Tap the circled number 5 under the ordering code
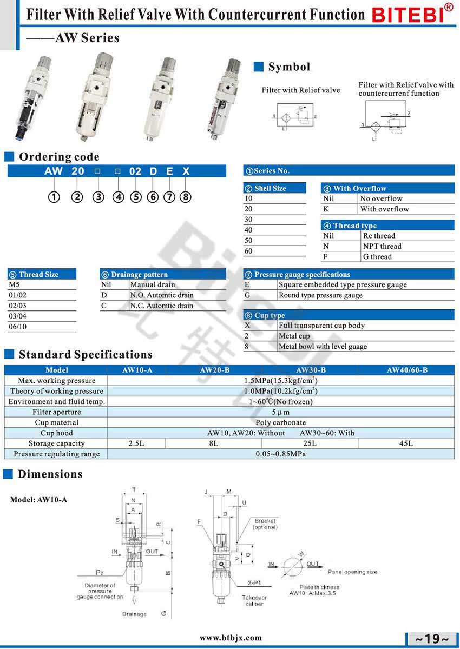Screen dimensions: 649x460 pos(135,197)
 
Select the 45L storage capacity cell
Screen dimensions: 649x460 pos(406,443)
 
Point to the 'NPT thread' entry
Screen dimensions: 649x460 pos(382,246)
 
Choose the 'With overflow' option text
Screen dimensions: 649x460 pos(384,209)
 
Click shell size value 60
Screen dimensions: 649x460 pos(249,251)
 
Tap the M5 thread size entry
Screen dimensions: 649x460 pos(14,284)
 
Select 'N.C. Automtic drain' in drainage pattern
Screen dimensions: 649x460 pos(161,306)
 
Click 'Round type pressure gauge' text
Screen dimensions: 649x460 pos(320,295)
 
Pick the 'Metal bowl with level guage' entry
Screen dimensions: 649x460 pos(323,347)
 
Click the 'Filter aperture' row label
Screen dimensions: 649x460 pos(56,412)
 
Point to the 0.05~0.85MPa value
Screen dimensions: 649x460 pos(280,454)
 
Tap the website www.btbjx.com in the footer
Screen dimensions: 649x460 pos(231,638)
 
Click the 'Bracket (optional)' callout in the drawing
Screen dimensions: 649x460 pos(265,524)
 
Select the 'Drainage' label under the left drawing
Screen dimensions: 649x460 pos(134,614)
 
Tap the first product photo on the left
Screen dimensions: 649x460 pos(27,97)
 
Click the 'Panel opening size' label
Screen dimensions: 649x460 pos(352,572)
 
